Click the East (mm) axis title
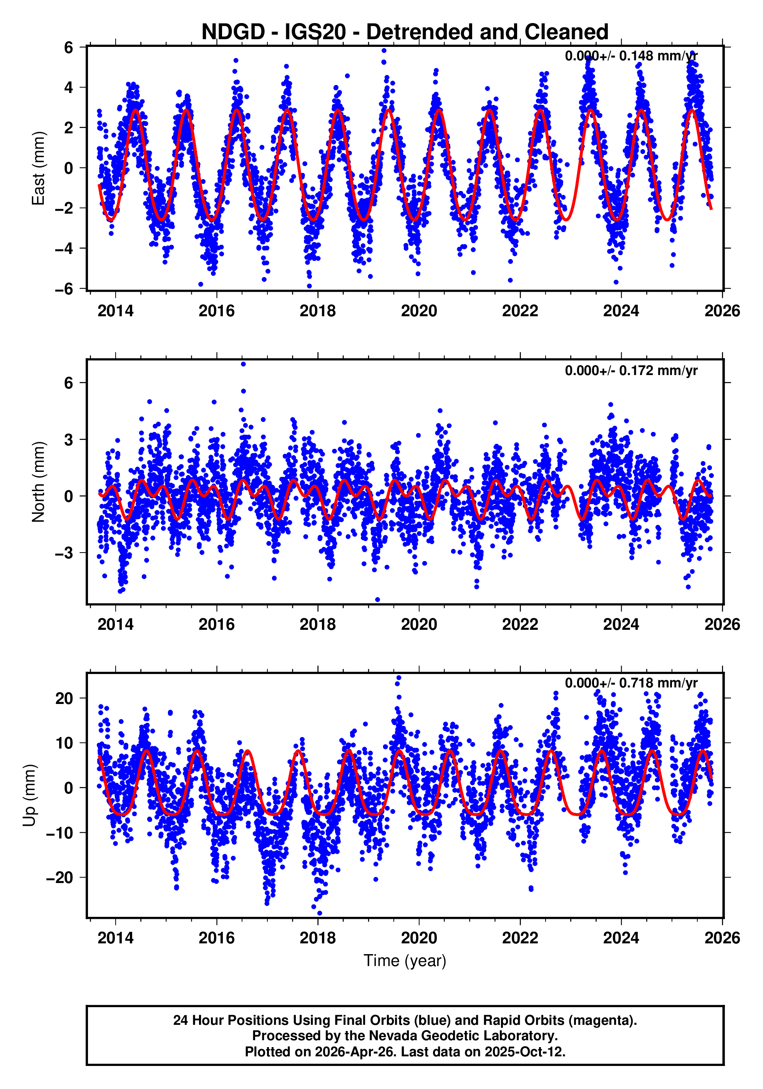(x=38, y=168)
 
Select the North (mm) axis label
(x=38, y=482)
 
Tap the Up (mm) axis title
(x=30, y=795)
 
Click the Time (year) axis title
(x=405, y=960)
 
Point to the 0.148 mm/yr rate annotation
(x=631, y=56)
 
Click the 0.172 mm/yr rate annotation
(x=631, y=370)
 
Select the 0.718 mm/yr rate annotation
(x=631, y=683)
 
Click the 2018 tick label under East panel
(x=317, y=311)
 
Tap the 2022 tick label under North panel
(x=520, y=625)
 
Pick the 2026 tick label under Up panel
(x=722, y=938)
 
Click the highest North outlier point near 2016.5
(x=243, y=364)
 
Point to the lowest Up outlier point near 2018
(x=319, y=913)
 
